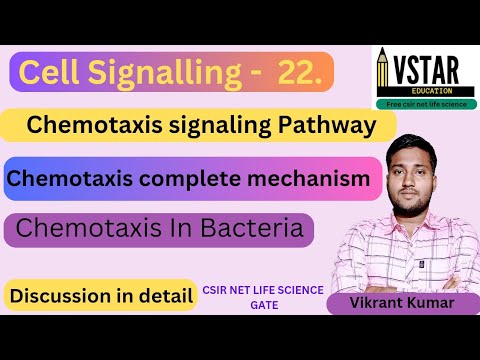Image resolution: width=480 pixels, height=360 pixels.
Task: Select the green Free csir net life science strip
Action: coord(425,104)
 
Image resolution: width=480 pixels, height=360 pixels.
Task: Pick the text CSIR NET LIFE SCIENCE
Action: coord(264,290)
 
